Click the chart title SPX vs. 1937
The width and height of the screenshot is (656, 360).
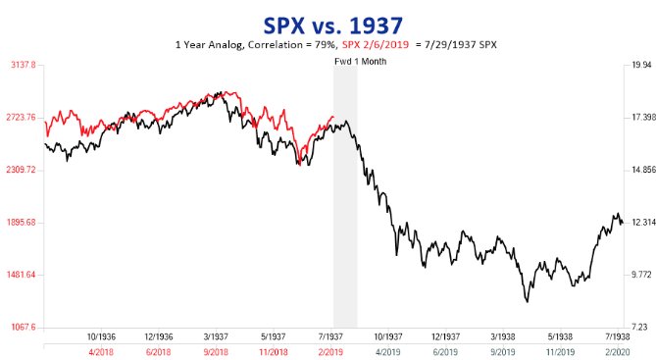328,22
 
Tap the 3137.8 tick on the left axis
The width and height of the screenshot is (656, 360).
23,65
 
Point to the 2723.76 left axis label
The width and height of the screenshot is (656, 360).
21,118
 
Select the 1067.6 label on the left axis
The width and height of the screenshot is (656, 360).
23,327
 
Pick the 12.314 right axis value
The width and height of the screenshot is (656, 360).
640,223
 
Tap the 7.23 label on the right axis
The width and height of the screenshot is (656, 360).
638,327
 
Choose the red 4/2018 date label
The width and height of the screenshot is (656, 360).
102,350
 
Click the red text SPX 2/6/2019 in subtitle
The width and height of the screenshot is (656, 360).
378,45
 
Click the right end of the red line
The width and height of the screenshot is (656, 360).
333,117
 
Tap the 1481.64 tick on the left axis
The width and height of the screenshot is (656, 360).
21,275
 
